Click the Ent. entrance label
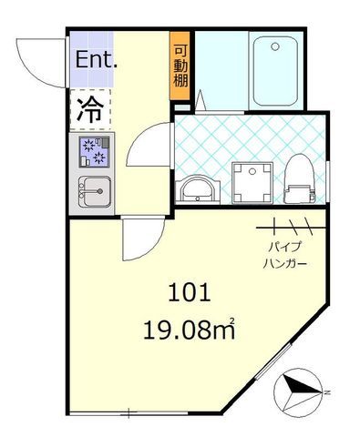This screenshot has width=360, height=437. coord(96,59)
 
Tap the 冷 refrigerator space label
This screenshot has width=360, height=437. coord(90,110)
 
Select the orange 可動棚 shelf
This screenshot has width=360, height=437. coord(180,66)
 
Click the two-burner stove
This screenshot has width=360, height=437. coord(94,151)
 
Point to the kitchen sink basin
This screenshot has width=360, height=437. coord(95,191)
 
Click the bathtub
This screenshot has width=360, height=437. coord(275,71)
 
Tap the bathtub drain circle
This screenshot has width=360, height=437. coord(275,46)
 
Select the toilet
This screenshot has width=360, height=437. coord(300,178)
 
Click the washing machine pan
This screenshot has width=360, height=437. coord(252,182)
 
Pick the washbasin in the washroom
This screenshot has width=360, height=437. coord(198,188)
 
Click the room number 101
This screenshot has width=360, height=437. coord(190,292)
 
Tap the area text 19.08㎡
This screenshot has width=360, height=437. coord(189,329)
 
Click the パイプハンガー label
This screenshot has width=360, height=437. coord(284,255)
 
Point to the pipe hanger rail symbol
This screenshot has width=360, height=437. coord(291,227)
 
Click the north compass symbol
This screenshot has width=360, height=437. coord(298,392)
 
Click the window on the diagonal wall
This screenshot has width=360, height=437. coord(273,361)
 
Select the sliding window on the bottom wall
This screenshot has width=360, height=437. coord(129,413)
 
